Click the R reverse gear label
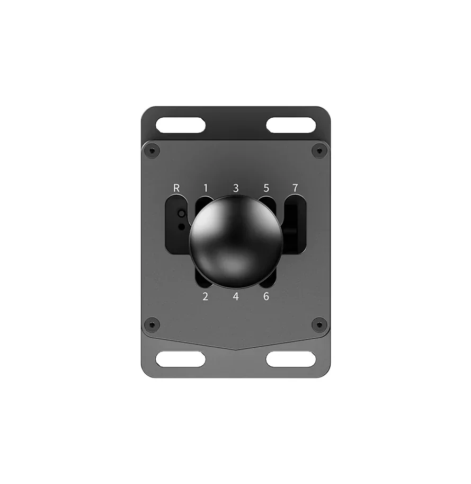176,188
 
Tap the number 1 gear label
206,188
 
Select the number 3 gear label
236,188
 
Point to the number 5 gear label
266,188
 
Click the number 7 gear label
295,188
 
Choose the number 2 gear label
206,296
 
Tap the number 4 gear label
236,296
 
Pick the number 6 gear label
266,296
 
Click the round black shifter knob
236,242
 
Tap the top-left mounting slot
181,125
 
